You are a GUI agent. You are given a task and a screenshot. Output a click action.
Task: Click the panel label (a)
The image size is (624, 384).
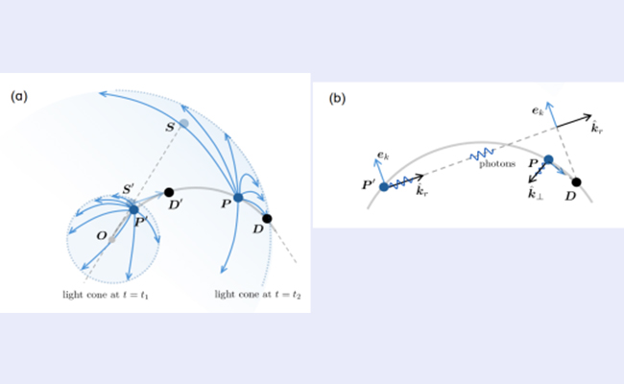coord(18,96)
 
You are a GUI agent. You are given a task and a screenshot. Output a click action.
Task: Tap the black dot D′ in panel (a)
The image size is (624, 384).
coord(169,192)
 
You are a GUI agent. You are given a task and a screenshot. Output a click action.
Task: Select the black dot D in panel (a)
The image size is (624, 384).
coord(267,218)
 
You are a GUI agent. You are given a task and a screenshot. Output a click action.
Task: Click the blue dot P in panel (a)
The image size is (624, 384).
coord(239,197)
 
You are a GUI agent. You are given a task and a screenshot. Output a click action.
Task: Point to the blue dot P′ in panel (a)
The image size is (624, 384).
coord(133,208)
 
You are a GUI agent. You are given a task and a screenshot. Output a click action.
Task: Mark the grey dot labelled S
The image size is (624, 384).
coord(183,124)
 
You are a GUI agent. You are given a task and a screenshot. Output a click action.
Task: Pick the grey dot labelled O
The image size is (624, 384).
coord(112,238)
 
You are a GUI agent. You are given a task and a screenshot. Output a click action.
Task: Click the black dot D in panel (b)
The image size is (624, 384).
coord(576,181)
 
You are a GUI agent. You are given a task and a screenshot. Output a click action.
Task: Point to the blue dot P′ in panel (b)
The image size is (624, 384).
coord(383,186)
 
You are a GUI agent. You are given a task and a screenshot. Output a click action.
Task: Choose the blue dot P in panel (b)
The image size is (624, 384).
coord(548,160)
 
